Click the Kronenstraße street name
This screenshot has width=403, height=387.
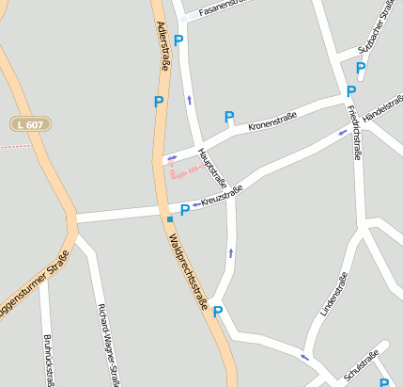[x=272, y=121]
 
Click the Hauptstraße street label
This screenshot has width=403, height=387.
[x=212, y=166]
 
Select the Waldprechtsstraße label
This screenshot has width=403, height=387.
[x=189, y=268]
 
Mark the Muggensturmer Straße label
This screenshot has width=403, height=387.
[x=34, y=287]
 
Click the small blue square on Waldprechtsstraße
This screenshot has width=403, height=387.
[x=169, y=218]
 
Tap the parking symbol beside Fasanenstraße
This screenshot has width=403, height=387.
[x=178, y=40]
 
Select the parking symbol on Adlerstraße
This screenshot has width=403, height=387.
[x=159, y=101]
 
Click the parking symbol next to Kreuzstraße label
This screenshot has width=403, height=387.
[x=184, y=210]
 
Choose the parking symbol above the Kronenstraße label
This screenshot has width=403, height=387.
[x=228, y=117]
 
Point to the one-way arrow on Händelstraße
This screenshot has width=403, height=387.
[x=343, y=133]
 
